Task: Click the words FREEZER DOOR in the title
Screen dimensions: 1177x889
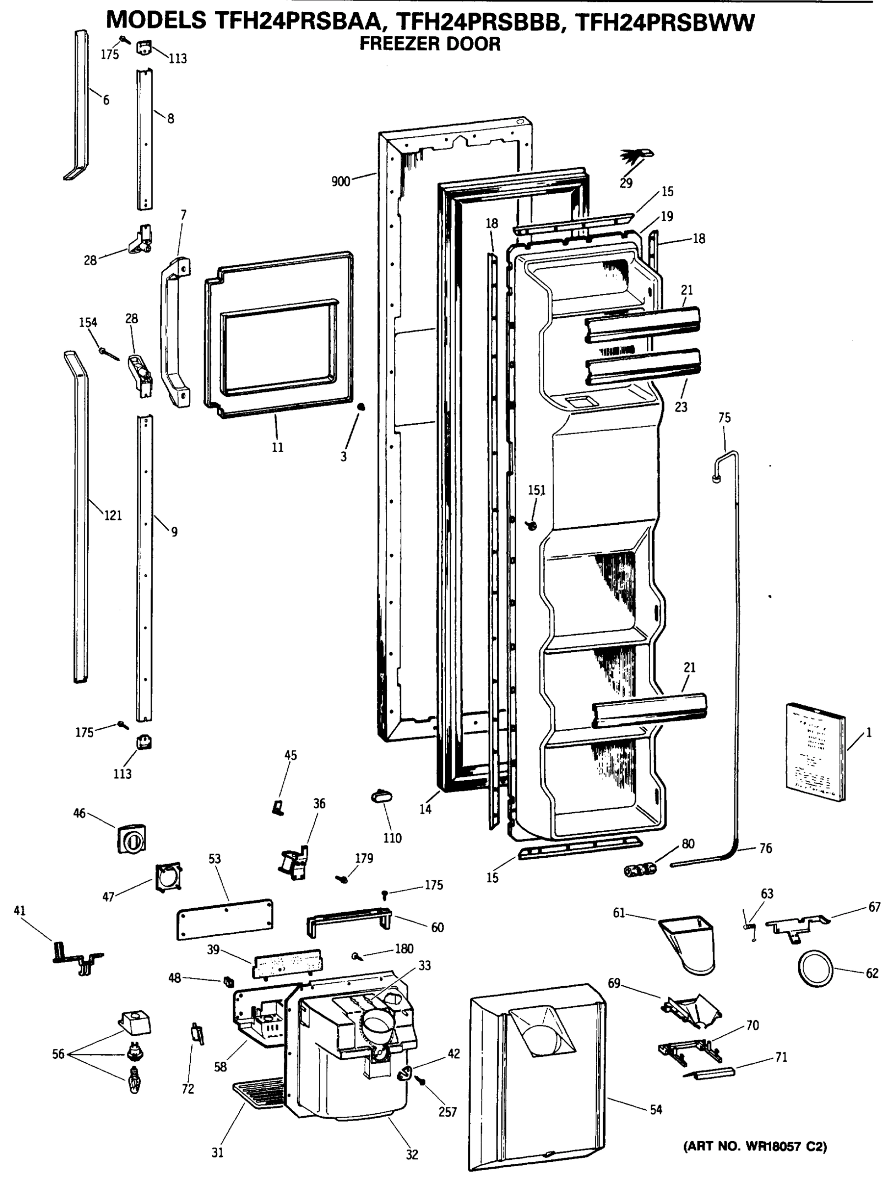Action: (430, 44)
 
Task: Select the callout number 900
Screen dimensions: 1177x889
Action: (340, 181)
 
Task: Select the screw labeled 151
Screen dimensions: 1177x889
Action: (532, 526)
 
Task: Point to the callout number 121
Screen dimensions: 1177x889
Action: (113, 515)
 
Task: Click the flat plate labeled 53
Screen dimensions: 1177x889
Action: (225, 919)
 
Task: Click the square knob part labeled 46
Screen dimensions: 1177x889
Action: (131, 839)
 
